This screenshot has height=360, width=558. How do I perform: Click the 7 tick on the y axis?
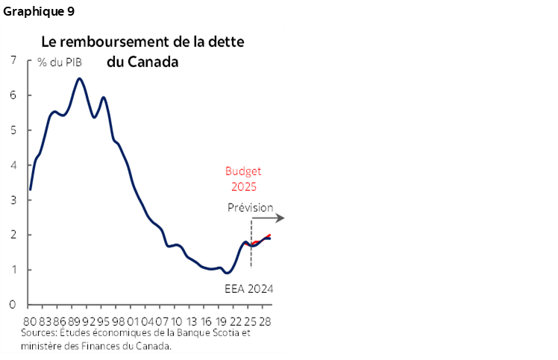coord(12,60)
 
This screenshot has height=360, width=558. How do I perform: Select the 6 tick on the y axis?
coord(12,95)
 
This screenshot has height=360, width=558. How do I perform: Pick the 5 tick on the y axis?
coord(12,130)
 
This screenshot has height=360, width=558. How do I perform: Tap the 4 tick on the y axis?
coord(12,165)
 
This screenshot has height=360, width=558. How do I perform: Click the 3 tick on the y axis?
coord(12,200)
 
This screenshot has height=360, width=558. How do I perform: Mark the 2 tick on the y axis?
coord(12,235)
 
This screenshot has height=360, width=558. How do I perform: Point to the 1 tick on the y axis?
coord(12,270)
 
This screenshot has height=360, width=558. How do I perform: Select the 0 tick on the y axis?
coord(12,305)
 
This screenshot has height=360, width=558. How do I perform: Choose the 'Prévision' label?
coord(250,207)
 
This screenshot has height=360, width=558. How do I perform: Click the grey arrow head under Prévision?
coord(280,218)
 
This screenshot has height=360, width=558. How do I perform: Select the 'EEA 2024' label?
coord(248,288)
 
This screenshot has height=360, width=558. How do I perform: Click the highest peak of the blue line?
coord(79,78)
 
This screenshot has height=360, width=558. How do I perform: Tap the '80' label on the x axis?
coord(31,320)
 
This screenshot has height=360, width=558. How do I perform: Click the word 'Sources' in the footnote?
coord(39,333)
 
